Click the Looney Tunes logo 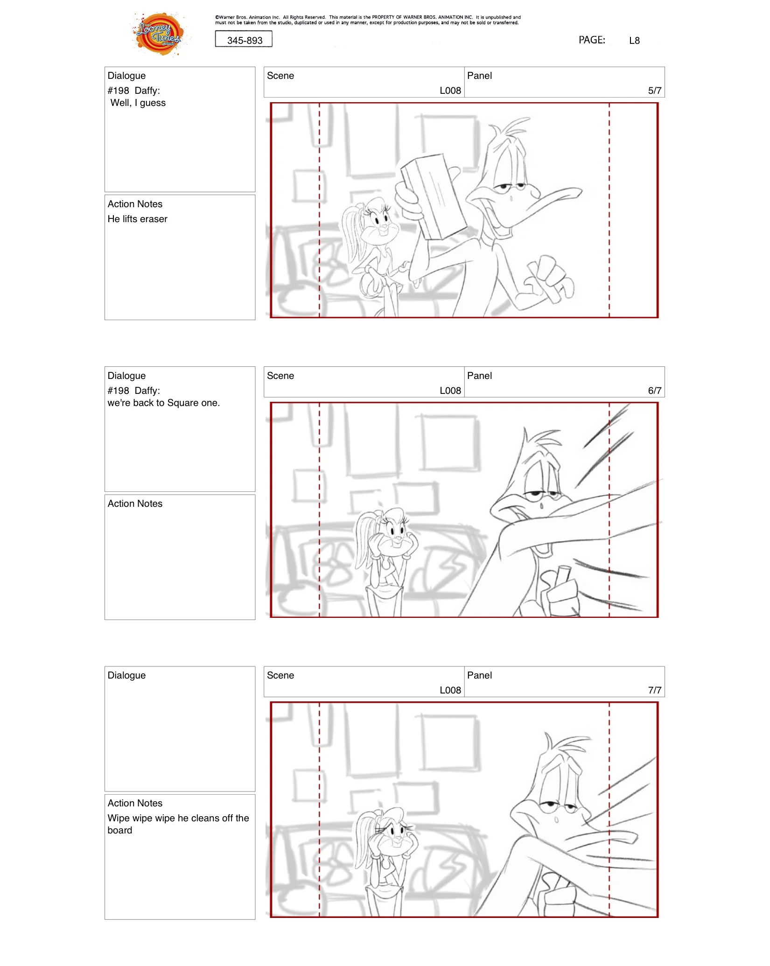159,34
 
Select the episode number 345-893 245,41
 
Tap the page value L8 634,41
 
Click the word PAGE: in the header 592,40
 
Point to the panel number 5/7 655,91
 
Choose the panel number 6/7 655,391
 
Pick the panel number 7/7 655,690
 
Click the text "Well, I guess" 138,103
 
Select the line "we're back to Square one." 163,403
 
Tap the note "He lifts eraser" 137,219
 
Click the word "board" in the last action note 120,830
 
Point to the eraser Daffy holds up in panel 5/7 433,196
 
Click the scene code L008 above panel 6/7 450,391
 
